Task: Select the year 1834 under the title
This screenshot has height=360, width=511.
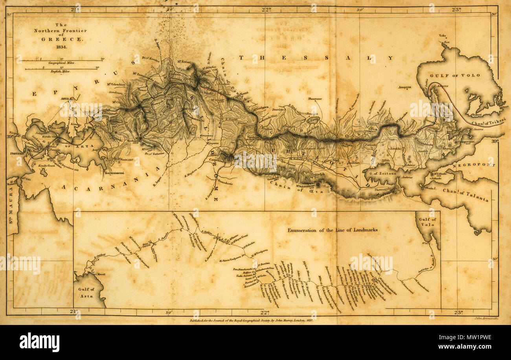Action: coord(61,46)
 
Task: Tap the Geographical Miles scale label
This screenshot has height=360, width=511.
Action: coord(62,63)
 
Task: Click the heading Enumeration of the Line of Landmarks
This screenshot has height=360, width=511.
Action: coord(333,230)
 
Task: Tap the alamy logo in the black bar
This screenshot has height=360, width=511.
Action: coord(39,342)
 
